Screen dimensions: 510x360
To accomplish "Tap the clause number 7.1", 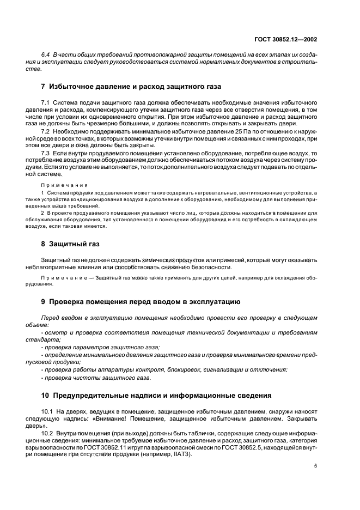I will coord(46,103).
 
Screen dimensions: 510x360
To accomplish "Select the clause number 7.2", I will coord(46,132).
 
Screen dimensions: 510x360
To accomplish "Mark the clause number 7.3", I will coord(46,154).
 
